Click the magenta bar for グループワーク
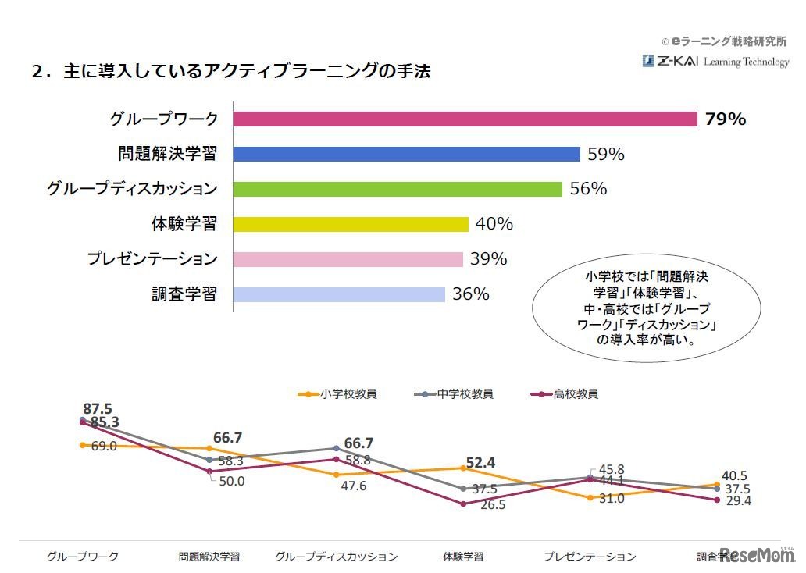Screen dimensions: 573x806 [465, 119]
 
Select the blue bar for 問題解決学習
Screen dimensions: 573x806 [407, 154]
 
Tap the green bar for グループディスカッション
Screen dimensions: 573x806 [398, 189]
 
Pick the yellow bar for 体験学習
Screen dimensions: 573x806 [351, 224]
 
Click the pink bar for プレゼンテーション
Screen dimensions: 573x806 [349, 259]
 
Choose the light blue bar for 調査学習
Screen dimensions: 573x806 [340, 294]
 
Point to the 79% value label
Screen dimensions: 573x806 [726, 119]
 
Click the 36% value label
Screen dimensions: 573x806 [471, 294]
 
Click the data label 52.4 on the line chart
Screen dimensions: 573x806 [481, 463]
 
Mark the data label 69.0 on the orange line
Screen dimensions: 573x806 [104, 446]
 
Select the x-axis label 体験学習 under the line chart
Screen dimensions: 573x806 [463, 557]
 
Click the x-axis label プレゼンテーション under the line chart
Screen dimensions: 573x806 [590, 557]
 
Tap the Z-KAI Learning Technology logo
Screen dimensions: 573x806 [715, 62]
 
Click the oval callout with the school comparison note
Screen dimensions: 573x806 [646, 308]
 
